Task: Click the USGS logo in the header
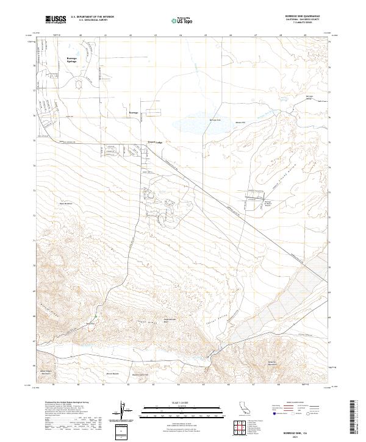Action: [x=56, y=20]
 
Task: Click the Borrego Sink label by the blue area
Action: [x=214, y=120]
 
